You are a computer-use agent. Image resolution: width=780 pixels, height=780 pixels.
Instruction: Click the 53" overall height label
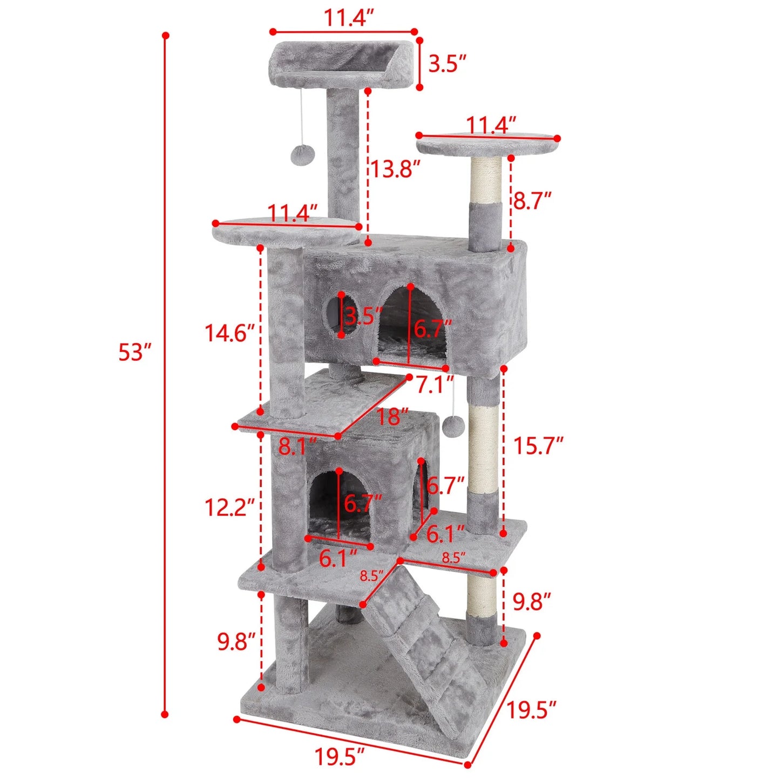(133, 352)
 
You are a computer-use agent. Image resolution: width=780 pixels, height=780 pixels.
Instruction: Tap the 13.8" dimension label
(395, 169)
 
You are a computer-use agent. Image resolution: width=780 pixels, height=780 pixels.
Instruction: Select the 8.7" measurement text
(532, 200)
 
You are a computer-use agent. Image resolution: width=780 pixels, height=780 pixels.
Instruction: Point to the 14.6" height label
(229, 333)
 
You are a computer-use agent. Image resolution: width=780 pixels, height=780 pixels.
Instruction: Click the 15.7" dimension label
(538, 446)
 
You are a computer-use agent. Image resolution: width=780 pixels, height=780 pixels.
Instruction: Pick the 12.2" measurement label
(229, 507)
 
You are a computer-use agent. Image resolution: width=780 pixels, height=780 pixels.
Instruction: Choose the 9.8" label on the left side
(236, 642)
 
